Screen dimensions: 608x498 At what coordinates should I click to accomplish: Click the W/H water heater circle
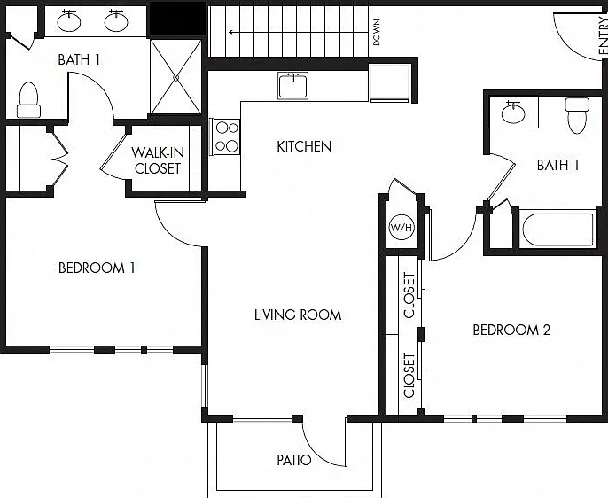(401, 227)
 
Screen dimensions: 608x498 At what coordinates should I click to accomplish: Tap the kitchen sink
(293, 85)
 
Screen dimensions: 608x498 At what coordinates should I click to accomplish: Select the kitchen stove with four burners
(226, 136)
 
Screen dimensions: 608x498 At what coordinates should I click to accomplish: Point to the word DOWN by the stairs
(376, 33)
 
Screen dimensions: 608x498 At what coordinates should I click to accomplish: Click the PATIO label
(294, 460)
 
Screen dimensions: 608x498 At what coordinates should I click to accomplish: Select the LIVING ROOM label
(298, 315)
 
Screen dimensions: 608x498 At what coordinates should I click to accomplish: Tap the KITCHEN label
(304, 146)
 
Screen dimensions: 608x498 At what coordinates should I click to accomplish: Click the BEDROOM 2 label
(511, 330)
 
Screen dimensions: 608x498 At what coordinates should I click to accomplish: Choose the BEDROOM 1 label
(97, 268)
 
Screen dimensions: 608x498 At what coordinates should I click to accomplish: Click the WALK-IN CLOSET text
(158, 160)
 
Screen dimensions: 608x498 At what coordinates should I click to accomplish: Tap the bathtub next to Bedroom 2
(557, 229)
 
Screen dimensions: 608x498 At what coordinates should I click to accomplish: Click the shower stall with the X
(176, 77)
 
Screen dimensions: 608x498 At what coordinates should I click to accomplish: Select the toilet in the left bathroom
(28, 100)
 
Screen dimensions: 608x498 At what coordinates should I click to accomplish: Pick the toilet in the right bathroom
(577, 115)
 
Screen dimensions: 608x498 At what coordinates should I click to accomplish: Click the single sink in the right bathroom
(513, 112)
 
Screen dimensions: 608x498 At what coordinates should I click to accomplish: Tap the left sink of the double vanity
(69, 21)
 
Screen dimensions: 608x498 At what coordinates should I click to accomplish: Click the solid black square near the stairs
(178, 19)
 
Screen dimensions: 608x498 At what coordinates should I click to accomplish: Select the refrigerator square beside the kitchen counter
(390, 83)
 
